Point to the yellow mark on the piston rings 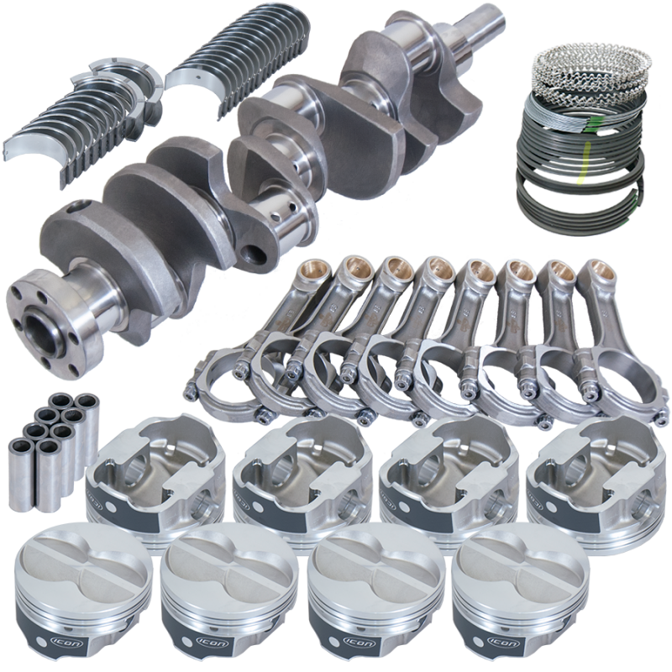580,178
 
